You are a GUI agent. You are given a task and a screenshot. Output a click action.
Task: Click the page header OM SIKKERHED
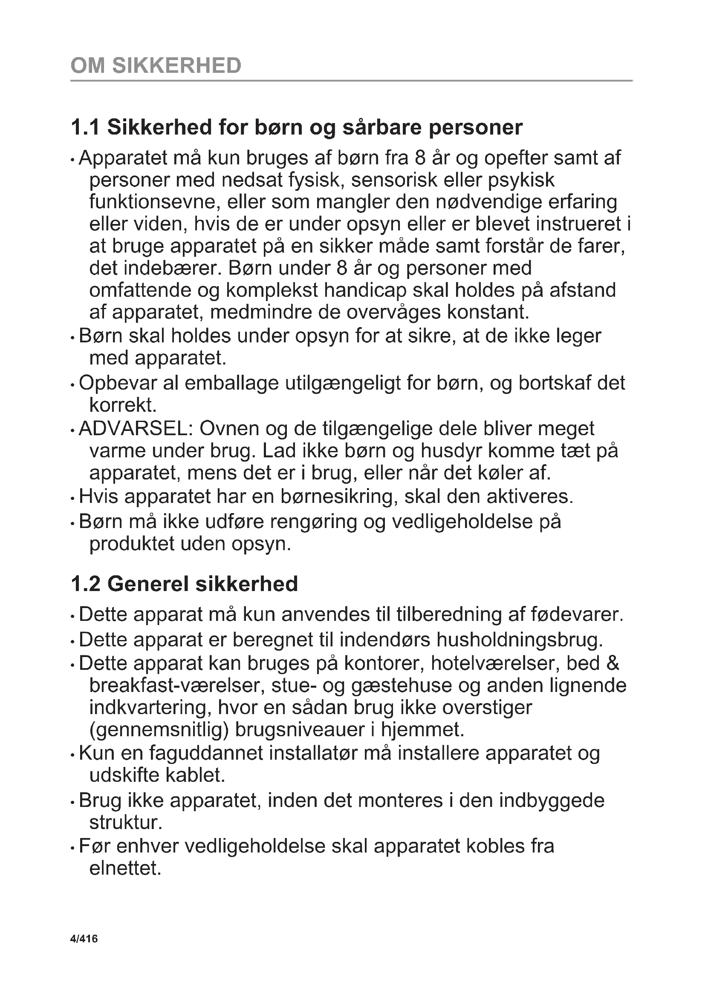click(156, 66)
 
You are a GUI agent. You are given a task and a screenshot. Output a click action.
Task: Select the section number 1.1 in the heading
click(85, 128)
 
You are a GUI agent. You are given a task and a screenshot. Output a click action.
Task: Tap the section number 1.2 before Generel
click(85, 584)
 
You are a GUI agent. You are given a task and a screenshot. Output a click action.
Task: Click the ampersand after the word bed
click(613, 663)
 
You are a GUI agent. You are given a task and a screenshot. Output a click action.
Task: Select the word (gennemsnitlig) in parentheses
click(159, 730)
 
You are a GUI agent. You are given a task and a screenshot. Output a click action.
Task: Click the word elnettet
click(125, 868)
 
